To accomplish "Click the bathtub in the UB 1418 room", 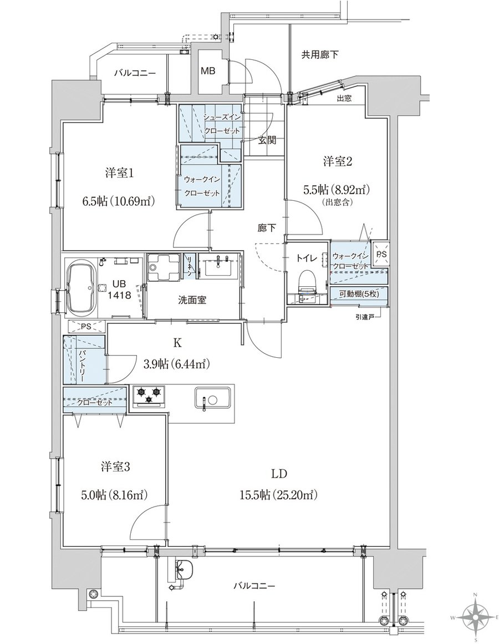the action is tap(82, 288).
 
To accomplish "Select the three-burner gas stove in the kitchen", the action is tap(147, 396).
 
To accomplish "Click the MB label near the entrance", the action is tap(208, 70).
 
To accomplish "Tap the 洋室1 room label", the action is tap(119, 174).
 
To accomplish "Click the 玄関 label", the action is tap(267, 140).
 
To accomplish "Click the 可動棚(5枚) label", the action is tap(359, 293).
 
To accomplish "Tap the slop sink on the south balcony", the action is tap(182, 569).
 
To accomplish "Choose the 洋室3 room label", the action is tap(115, 467).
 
